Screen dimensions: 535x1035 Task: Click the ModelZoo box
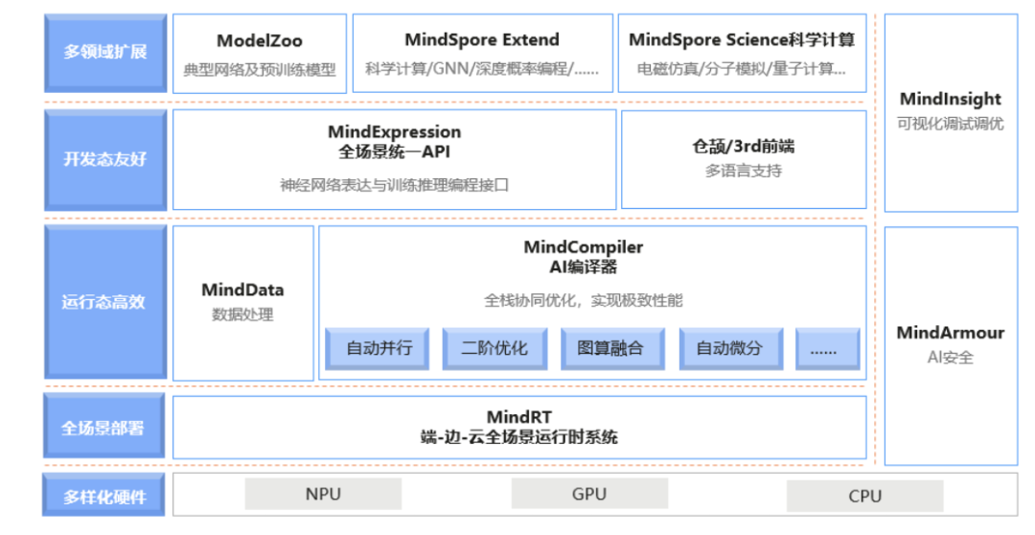pos(259,54)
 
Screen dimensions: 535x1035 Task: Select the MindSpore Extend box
pos(482,54)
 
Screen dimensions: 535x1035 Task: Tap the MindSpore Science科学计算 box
pos(742,54)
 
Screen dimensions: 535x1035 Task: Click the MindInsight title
pos(950,99)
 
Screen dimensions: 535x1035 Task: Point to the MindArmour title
pos(950,333)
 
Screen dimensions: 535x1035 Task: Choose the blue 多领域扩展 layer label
pos(105,53)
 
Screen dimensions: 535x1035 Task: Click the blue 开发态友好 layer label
pos(105,159)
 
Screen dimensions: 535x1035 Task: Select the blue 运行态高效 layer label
pos(105,302)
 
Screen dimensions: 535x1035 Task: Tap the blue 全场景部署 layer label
pos(105,427)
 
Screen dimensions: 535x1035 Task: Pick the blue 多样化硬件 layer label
pos(105,497)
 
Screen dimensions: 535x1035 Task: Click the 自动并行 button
pos(379,348)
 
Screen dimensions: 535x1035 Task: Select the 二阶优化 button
pos(494,348)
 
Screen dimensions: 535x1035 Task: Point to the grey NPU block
pos(323,495)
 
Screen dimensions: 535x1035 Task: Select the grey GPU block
pos(588,494)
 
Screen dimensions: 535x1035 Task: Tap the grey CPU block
pos(864,496)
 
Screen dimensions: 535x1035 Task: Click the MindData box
pos(242,302)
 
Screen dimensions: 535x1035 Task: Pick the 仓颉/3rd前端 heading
pos(743,147)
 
